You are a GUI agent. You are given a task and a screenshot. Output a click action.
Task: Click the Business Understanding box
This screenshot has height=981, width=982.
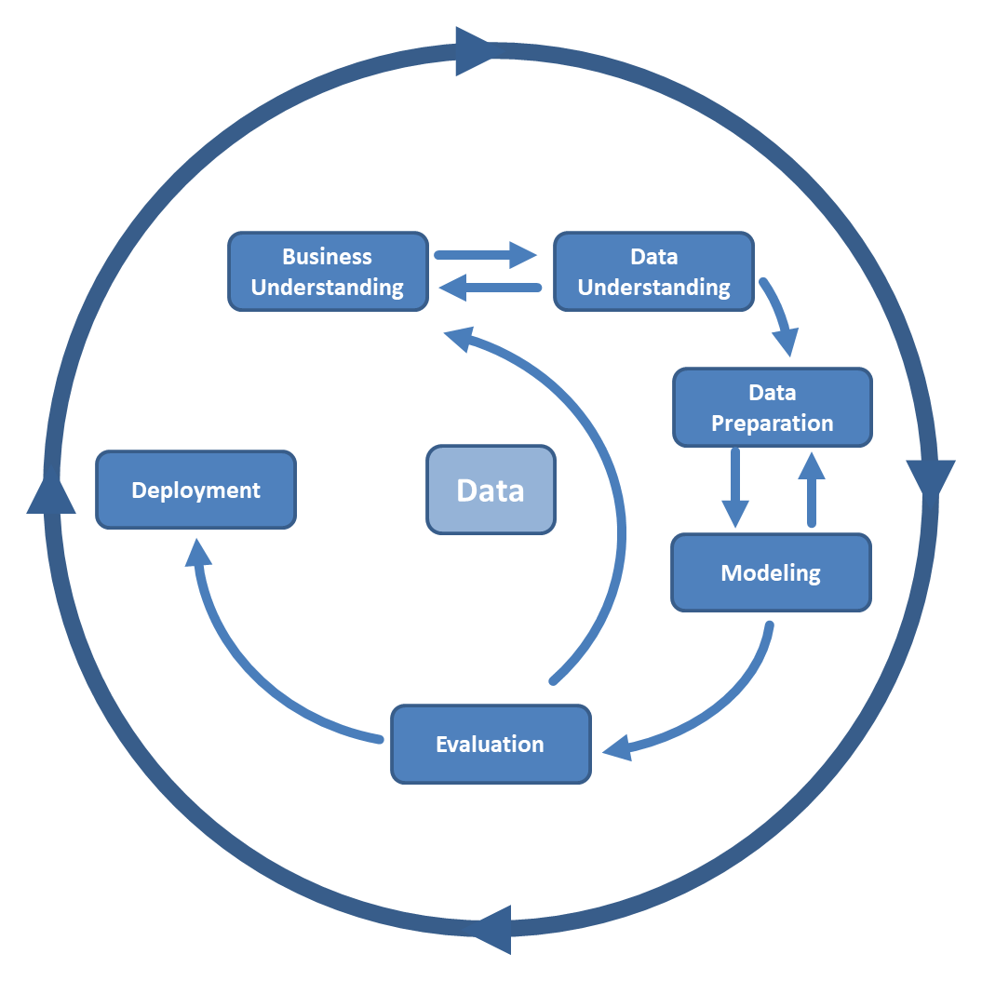pos(328,272)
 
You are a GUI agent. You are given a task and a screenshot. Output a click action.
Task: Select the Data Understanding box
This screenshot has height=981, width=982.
pos(653,272)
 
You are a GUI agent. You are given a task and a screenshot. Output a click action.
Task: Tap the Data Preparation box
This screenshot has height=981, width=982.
pos(772,408)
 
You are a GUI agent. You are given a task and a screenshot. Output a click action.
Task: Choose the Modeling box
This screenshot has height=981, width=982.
pos(771,572)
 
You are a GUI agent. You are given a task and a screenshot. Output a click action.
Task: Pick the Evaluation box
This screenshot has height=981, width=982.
pos(491,745)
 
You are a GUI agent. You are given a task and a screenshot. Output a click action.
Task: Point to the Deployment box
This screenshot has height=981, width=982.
pos(195,490)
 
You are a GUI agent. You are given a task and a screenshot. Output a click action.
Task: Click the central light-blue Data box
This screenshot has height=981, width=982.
pos(491,490)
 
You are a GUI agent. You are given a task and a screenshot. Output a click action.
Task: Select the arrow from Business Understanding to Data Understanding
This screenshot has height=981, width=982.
pos(484,254)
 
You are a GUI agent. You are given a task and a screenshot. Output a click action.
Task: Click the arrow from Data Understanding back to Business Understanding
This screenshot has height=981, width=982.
pos(491,289)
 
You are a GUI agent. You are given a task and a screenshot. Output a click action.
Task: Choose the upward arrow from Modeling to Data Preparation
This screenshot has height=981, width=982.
pos(812,488)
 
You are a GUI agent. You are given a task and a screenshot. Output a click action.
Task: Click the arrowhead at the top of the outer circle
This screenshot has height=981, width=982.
pos(474,50)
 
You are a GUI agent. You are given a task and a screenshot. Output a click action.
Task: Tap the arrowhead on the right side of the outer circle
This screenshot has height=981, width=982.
pos(930,479)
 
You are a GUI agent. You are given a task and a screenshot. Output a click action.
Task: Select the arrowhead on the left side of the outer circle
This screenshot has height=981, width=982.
pos(51,493)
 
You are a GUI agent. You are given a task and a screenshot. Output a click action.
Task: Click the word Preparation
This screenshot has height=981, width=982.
pos(772,423)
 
